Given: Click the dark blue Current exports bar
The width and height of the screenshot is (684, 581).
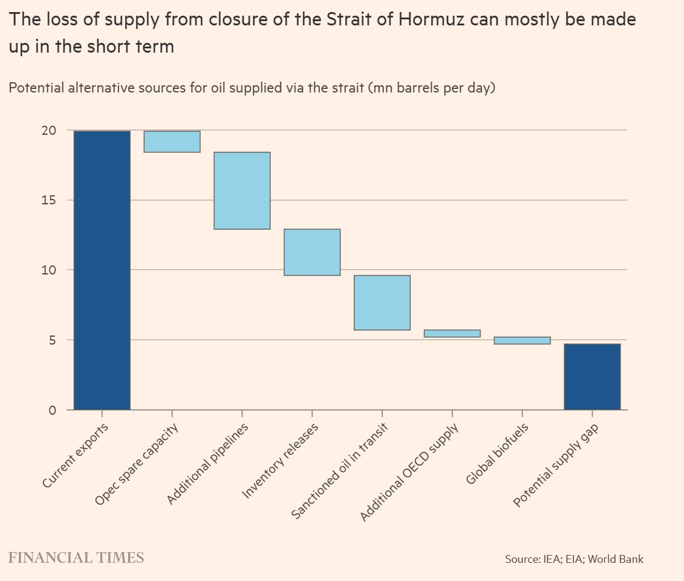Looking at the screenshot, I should click(102, 270).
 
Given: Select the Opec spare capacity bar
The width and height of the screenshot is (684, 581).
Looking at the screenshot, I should click(172, 141).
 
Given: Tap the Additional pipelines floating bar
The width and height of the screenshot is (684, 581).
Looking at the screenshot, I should click(242, 190).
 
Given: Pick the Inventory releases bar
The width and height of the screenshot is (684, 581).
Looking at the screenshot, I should click(312, 252).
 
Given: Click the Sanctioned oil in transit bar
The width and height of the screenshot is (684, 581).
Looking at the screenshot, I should click(382, 302).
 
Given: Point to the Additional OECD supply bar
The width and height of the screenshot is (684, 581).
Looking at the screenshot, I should click(452, 333).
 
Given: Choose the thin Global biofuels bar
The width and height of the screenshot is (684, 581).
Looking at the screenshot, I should click(523, 340).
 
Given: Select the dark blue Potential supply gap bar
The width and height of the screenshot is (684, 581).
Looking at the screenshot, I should click(592, 377).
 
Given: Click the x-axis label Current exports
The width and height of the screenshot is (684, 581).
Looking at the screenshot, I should click(76, 455).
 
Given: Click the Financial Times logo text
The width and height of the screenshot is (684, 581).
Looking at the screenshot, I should click(76, 557).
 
